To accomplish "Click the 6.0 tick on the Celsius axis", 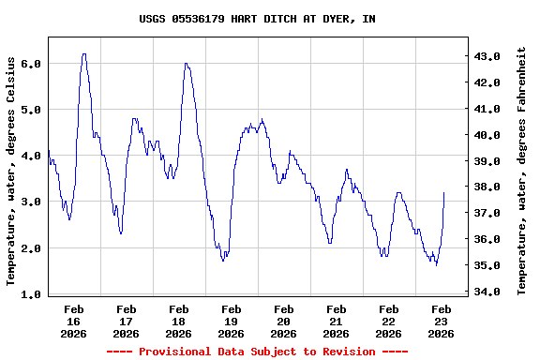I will pyautogui.click(x=32, y=64).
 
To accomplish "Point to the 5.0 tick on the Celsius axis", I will pyautogui.click(x=32, y=110).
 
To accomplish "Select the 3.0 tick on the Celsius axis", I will pyautogui.click(x=32, y=202).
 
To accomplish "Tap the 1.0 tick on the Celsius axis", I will pyautogui.click(x=32, y=294).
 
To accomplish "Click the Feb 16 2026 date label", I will pyautogui.click(x=74, y=321).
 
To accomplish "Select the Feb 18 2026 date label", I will pyautogui.click(x=179, y=321).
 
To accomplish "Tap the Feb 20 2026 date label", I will pyautogui.click(x=284, y=321).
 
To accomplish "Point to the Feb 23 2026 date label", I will pyautogui.click(x=442, y=321).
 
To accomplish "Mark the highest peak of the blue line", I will pyautogui.click(x=84, y=54).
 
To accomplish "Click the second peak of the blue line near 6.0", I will pyautogui.click(x=187, y=64).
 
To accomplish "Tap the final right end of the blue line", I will pyautogui.click(x=443, y=193).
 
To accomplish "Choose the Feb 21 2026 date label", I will pyautogui.click(x=337, y=321).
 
